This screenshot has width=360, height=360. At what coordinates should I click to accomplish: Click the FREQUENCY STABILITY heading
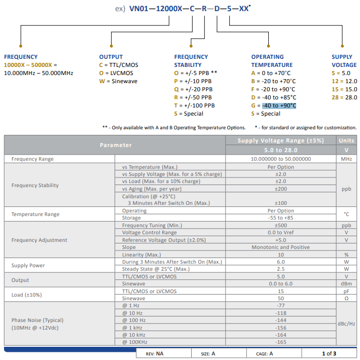click(191, 61)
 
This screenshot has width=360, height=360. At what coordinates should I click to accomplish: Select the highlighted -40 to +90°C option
click(279, 105)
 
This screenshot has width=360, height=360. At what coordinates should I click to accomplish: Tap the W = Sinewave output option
click(118, 81)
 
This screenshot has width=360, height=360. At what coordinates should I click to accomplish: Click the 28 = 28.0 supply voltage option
click(344, 97)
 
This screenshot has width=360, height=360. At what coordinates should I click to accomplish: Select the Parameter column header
click(115, 145)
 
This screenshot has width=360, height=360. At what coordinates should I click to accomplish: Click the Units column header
click(346, 140)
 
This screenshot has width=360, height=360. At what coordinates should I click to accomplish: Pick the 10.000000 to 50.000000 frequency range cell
click(280, 159)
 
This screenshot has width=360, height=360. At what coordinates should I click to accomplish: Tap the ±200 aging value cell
click(280, 189)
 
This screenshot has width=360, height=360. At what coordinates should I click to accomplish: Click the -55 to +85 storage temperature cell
click(280, 218)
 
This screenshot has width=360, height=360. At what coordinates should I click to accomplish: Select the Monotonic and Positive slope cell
click(280, 247)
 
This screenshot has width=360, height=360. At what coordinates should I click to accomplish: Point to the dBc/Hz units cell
click(346, 323)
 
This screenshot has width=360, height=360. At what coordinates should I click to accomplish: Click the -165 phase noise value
click(280, 343)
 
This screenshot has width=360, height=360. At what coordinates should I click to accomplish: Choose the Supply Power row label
click(28, 265)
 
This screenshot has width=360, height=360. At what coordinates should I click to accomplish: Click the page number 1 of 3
click(329, 353)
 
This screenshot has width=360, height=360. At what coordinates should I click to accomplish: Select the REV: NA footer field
click(155, 353)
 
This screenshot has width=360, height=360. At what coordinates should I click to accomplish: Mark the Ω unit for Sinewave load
click(346, 299)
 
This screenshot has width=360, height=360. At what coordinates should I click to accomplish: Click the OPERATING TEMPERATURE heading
click(272, 61)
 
